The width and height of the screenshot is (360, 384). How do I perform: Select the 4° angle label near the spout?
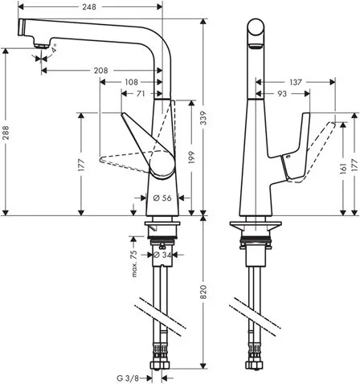pyautogui.click(x=54, y=51)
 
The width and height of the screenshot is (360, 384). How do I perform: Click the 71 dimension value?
pyautogui.click(x=142, y=94)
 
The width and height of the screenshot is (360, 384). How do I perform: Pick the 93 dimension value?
pyautogui.click(x=281, y=95)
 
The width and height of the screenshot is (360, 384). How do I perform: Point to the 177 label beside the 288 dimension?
pyautogui.click(x=81, y=165)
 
